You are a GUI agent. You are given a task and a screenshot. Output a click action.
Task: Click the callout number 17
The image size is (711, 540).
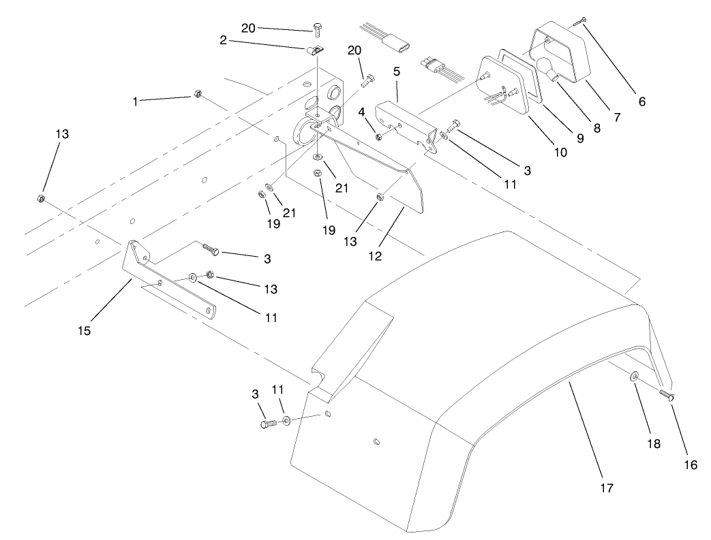tap(607, 488)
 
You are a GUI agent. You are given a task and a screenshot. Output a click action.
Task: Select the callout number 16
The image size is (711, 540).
tap(691, 465)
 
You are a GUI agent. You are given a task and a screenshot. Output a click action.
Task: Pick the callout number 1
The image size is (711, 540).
tap(136, 101)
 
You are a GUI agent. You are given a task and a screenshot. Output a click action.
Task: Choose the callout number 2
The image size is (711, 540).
tap(223, 41)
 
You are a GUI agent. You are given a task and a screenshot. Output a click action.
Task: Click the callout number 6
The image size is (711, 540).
tap(641, 102)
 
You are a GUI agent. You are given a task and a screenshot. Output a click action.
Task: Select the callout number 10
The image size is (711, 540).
tap(560, 153)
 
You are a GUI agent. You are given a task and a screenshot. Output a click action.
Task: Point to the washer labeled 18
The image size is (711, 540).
tap(635, 376)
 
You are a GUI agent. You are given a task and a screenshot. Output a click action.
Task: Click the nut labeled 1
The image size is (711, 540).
tap(196, 94)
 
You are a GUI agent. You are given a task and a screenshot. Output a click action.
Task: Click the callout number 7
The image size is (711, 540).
tap(616, 117)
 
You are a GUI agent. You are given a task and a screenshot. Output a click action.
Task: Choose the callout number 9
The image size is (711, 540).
tap(580, 138)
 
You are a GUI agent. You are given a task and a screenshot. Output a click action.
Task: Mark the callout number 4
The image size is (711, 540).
tap(362, 110)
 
